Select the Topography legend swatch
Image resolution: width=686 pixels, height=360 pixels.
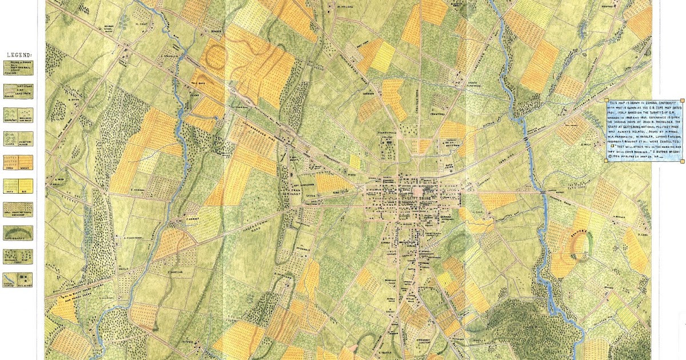point(17,233)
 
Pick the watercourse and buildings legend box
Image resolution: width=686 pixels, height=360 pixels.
point(17,279)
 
